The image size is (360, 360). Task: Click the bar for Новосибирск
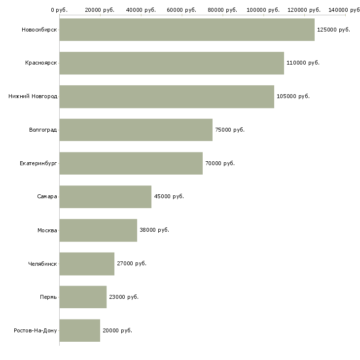coord(186,30)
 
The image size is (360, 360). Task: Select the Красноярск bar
coord(171,63)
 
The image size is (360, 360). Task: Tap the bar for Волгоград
coord(136,130)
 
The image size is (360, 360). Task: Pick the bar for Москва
coord(98,230)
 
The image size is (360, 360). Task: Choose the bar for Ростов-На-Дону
coord(79,330)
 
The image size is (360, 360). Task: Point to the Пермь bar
coord(82,297)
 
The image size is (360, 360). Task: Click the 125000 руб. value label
coord(333,30)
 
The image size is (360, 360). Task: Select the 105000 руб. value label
coord(293,97)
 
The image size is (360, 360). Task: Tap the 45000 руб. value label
coord(169,197)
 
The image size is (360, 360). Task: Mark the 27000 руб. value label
coord(132,263)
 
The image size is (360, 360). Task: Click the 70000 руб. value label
coord(219,163)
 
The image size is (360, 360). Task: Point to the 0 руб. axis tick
coord(59,10)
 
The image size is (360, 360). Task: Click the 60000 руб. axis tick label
coord(181,10)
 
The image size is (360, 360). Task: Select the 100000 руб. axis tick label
coord(263,10)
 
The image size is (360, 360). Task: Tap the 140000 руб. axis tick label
coord(345,10)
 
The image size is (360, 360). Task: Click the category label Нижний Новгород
coord(33,97)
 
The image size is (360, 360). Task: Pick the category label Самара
coord(47,197)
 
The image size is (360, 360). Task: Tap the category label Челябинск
coord(42,263)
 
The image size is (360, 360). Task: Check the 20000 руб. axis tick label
coord(100,10)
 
